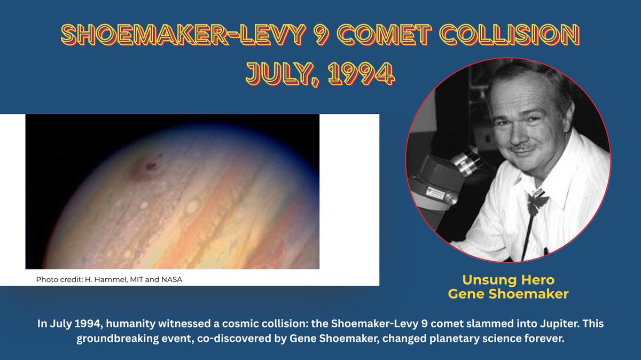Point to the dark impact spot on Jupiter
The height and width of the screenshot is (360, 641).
coord(151,166)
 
